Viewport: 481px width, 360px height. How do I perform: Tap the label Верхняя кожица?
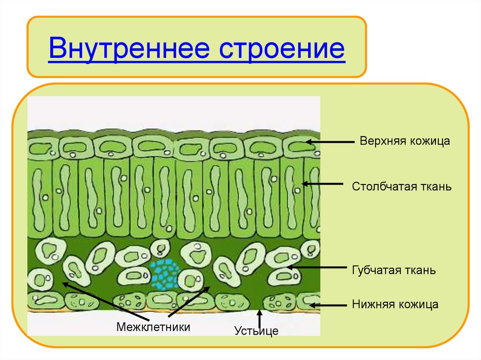click(405, 141)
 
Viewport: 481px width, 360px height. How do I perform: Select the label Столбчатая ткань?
click(402, 187)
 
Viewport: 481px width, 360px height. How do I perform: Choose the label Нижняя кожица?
click(395, 305)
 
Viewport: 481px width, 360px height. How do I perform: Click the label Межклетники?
click(154, 327)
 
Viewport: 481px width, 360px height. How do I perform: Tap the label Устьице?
click(256, 331)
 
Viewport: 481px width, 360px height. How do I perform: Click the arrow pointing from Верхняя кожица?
click(329, 141)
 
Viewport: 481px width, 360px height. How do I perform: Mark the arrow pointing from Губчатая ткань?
click(318, 268)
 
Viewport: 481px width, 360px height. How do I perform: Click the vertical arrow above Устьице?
click(259, 319)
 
